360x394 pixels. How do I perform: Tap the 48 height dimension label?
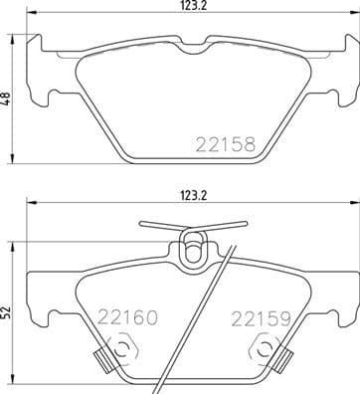7,100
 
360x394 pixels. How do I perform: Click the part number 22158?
226,144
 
